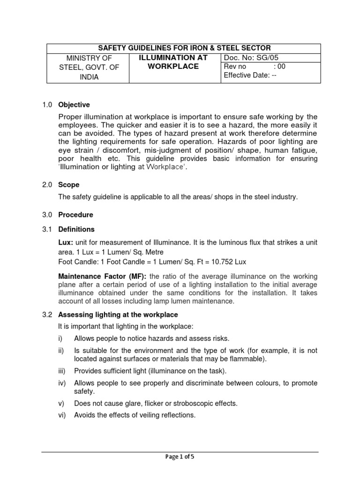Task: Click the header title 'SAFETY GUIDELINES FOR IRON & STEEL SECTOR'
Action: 184,48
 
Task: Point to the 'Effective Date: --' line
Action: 250,75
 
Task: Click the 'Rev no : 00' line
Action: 254,67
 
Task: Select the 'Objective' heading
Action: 74,105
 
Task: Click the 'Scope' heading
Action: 68,185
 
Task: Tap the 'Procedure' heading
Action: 75,215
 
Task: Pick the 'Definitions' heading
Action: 76,229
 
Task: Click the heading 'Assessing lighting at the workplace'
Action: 118,315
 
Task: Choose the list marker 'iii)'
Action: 63,371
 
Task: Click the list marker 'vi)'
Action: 62,415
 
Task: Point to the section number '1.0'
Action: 47,105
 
